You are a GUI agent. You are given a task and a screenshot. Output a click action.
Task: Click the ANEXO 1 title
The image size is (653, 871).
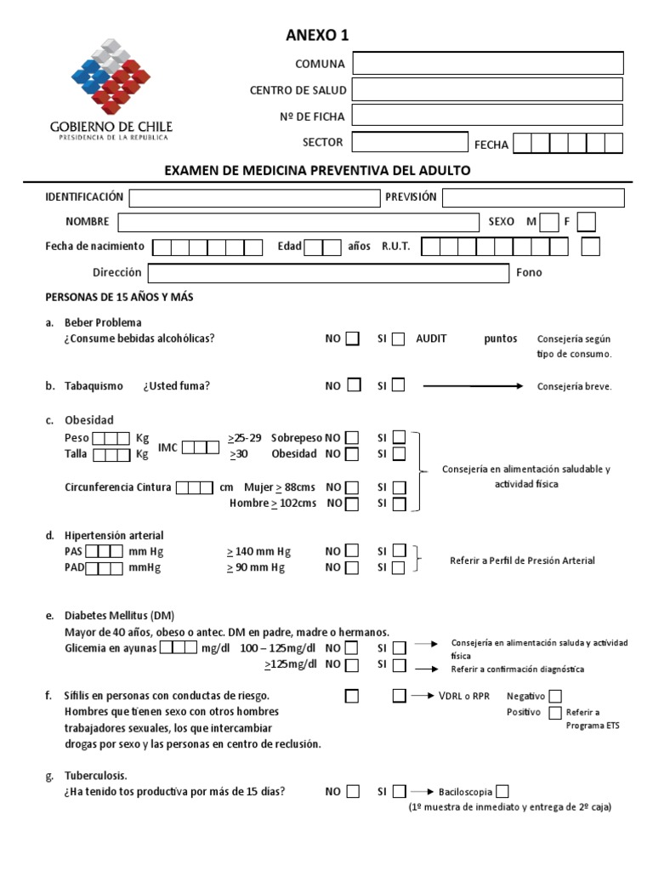coord(316,35)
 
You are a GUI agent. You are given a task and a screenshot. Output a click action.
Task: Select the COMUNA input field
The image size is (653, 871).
coord(487,64)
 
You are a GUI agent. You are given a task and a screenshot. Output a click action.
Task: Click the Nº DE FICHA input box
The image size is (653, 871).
coord(487,115)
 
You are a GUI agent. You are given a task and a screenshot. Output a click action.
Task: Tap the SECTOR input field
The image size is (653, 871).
coord(410,142)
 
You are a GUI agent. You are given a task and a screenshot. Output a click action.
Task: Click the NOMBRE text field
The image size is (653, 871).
coord(298,222)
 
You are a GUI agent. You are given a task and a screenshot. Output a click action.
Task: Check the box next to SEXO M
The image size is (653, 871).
coord(549,222)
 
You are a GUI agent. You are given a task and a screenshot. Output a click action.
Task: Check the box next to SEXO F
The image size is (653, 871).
coord(586,222)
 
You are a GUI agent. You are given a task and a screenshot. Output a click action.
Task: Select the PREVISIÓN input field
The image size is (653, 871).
coord(533,197)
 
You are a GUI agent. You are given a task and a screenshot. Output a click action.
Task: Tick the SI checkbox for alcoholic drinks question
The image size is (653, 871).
coord(398,339)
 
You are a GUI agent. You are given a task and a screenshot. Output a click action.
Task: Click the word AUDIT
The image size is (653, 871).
coord(432,339)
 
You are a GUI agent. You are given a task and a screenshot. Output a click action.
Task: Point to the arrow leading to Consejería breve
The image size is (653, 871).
coord(473,386)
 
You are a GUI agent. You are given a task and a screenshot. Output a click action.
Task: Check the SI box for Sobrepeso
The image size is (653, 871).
coord(399,438)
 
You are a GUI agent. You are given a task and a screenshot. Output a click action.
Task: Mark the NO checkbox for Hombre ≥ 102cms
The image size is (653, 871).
coord(352,504)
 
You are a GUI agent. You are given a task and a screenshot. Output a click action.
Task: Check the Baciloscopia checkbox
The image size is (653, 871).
coord(503,791)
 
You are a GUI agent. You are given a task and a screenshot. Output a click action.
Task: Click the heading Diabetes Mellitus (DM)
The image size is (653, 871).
coord(120,616)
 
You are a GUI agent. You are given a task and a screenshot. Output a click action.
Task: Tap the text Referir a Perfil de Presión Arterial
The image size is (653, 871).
coord(522,561)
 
